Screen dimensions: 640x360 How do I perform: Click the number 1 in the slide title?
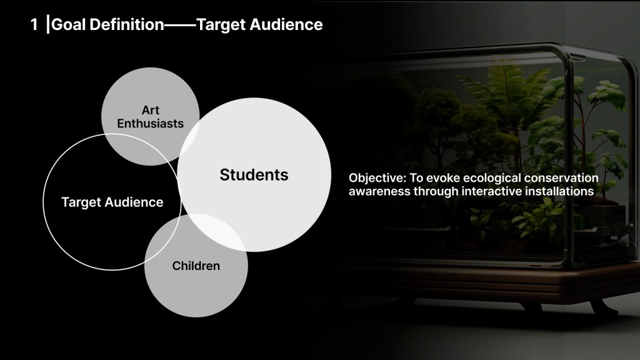[x=34, y=24]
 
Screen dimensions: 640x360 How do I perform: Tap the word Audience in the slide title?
[x=286, y=24]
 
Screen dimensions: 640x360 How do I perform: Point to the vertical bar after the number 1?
[x=48, y=24]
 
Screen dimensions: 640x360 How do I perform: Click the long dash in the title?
[x=180, y=25]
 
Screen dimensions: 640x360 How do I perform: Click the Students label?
[x=254, y=175]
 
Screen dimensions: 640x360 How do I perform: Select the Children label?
[x=196, y=266]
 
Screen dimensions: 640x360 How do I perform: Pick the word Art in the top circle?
[x=150, y=110]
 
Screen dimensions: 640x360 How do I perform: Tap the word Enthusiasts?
[x=150, y=123]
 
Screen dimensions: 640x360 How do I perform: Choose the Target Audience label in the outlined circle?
[x=112, y=202]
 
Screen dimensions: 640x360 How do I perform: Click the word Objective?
[x=377, y=178]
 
